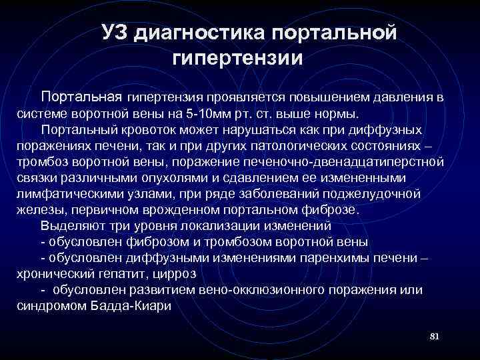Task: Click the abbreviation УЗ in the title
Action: coord(115,32)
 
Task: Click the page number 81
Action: coord(434,334)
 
